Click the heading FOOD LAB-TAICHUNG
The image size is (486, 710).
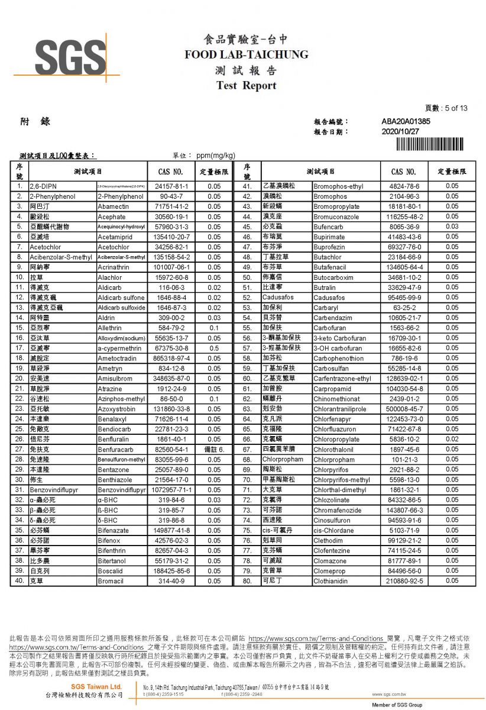[247, 54]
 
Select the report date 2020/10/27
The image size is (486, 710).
[400, 131]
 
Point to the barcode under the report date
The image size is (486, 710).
[432, 144]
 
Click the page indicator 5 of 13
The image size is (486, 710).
[446, 108]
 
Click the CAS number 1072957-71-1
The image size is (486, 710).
[171, 490]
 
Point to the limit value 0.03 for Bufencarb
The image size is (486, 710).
[452, 227]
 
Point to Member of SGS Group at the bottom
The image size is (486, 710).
[397, 705]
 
